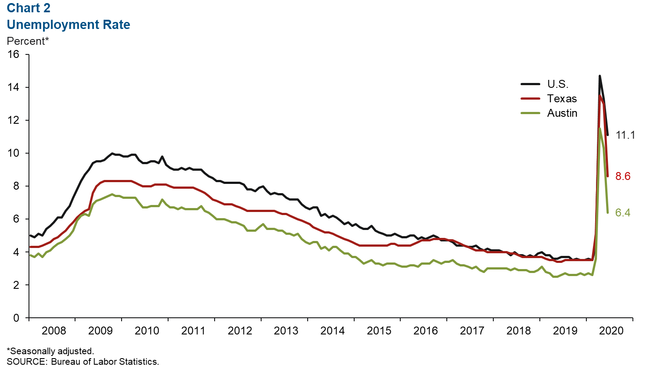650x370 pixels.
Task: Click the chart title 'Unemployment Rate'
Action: [68, 25]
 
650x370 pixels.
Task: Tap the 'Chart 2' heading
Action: [29, 8]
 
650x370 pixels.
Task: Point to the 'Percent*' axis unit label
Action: [28, 41]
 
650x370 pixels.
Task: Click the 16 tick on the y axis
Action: [14, 54]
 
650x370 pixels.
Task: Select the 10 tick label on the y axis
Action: [14, 153]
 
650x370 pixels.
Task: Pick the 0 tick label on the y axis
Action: [16, 318]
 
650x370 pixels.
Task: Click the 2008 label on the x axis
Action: [54, 330]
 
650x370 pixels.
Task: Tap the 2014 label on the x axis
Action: [332, 330]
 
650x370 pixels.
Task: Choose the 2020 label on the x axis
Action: [611, 330]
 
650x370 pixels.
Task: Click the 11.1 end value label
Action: [625, 135]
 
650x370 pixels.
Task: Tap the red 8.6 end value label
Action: [623, 176]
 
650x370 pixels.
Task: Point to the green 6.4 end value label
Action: [623, 213]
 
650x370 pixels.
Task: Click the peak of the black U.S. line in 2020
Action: [600, 76]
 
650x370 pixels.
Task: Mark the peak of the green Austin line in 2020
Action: [600, 128]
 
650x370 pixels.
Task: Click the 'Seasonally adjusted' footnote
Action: [50, 351]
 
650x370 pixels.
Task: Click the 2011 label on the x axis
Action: [193, 330]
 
